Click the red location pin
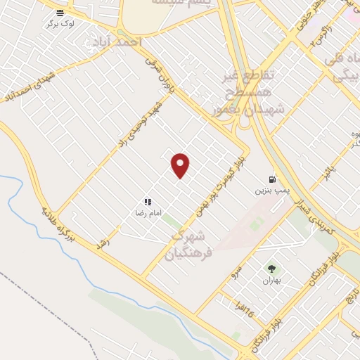click(x=181, y=166)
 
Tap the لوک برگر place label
click(x=62, y=24)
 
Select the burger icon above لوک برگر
click(x=61, y=13)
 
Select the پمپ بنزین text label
click(x=272, y=191)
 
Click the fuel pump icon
click(x=272, y=179)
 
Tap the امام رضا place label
click(x=148, y=212)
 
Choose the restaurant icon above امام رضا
click(x=148, y=201)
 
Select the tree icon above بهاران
click(x=271, y=268)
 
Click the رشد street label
click(x=105, y=238)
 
